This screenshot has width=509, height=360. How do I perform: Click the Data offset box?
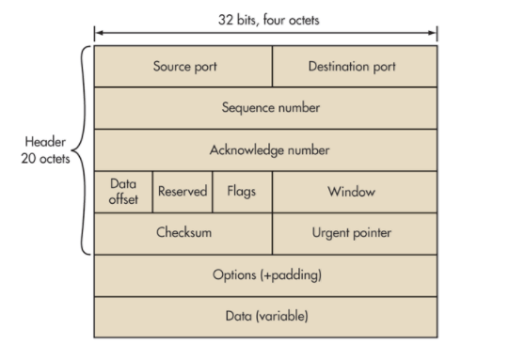click(x=123, y=192)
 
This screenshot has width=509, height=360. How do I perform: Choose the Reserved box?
click(x=183, y=192)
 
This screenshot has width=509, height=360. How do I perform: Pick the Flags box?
click(x=242, y=192)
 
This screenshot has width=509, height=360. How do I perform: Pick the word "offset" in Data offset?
click(x=123, y=199)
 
